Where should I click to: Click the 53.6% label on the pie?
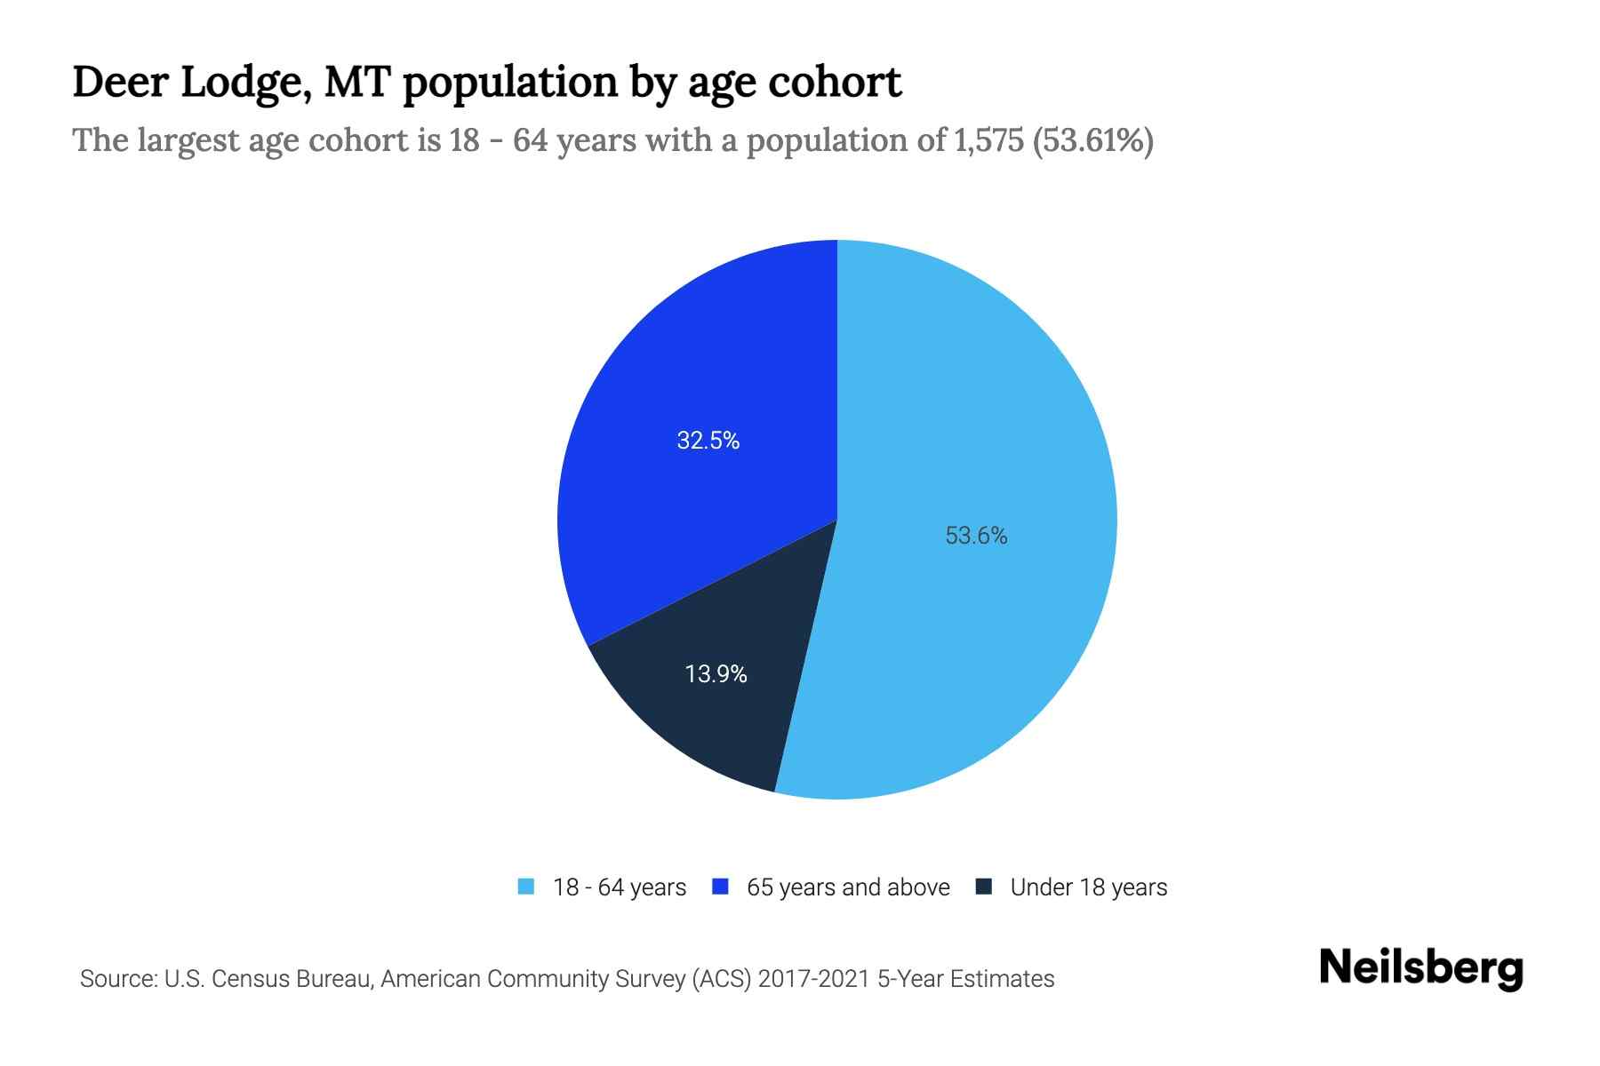point(976,536)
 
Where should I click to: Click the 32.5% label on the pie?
point(708,441)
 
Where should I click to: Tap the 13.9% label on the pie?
point(716,674)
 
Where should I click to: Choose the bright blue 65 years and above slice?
point(676,373)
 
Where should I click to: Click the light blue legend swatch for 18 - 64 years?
point(526,887)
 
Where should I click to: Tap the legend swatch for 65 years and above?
point(721,887)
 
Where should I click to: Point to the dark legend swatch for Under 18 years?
point(984,887)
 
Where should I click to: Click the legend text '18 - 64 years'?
point(620,887)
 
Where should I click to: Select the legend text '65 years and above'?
point(848,887)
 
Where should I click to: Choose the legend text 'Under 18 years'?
point(1089,887)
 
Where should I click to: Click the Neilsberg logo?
point(1420,968)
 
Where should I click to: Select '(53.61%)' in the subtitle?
point(1092,140)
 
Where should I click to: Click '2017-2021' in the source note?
point(813,979)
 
